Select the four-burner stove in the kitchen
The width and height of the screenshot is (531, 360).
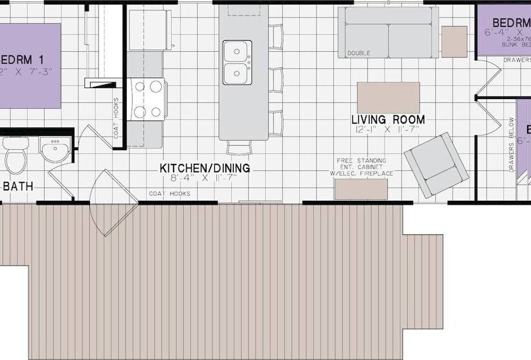[147, 99]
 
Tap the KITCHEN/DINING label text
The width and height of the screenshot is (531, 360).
[205, 168]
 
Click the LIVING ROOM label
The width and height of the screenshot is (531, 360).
[388, 120]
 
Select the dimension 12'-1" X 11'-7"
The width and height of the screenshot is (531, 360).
[388, 130]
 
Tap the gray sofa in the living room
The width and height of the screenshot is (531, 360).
[388, 32]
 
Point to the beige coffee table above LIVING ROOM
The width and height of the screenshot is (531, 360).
[388, 98]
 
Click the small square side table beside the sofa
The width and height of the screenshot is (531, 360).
[454, 41]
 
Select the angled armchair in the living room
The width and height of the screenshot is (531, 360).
[436, 164]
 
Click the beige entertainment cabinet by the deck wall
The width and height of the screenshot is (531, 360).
[361, 189]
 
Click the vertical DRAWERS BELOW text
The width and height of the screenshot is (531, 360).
[511, 144]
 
